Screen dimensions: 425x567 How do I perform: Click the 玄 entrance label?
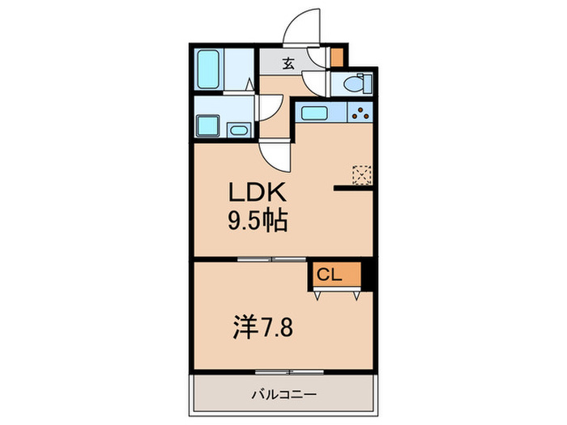(288, 63)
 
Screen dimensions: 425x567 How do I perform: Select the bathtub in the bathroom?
(210, 71)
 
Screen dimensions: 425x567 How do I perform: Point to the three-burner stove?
(360, 113)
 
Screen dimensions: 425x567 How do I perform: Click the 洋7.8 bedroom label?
(258, 328)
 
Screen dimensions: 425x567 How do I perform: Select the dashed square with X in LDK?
(361, 174)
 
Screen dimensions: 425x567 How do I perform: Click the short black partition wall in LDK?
(352, 189)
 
